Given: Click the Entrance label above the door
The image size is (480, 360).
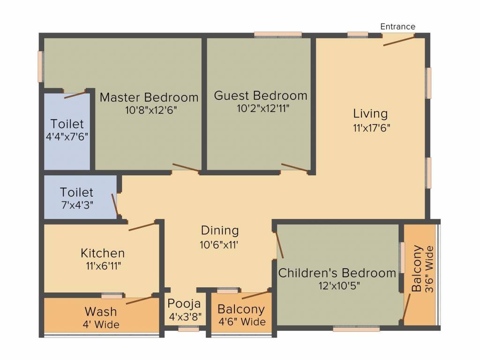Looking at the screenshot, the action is coord(397,27).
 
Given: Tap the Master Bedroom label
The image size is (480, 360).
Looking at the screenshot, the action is coord(149,97).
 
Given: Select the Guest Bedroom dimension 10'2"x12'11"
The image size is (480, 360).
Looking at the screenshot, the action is coord(263,108).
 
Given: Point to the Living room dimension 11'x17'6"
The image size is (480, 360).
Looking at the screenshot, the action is coord(372,127).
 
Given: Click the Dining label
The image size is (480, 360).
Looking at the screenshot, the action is coord(220,231).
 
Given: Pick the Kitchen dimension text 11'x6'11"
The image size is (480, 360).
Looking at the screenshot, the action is coord(103,266).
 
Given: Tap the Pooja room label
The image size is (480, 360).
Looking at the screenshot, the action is coord(184,304).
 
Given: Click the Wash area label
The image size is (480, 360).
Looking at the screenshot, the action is coord(101,312).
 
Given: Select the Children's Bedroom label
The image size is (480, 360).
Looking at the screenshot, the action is coord(337,273).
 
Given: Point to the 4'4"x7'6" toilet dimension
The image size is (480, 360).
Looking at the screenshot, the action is coord(67,136).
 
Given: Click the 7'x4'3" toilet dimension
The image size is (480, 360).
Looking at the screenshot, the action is coord(77,205).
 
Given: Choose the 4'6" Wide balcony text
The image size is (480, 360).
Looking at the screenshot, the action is coord(242,322).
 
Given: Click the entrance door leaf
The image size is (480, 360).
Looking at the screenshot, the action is coord(399,41).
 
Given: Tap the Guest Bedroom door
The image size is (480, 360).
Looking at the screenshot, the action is coord(294,167).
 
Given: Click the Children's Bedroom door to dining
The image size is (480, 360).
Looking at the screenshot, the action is coord(279,245).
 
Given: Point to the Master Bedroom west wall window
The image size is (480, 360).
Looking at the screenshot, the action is coord(40,67).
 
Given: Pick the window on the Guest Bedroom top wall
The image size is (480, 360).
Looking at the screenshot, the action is coord(278,35).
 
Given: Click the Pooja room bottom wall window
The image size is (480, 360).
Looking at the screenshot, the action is coord(188,329).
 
